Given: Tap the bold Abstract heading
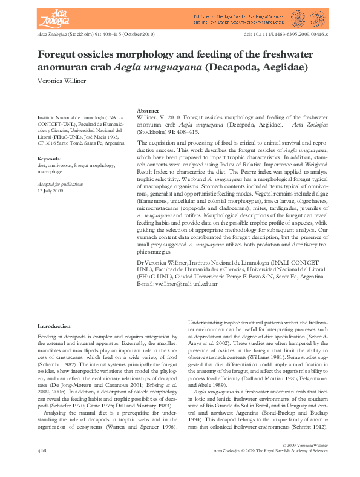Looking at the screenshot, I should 148,111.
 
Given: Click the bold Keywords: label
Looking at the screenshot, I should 50,159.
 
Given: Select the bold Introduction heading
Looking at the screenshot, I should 54,326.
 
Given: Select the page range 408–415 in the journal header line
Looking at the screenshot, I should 126,36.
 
